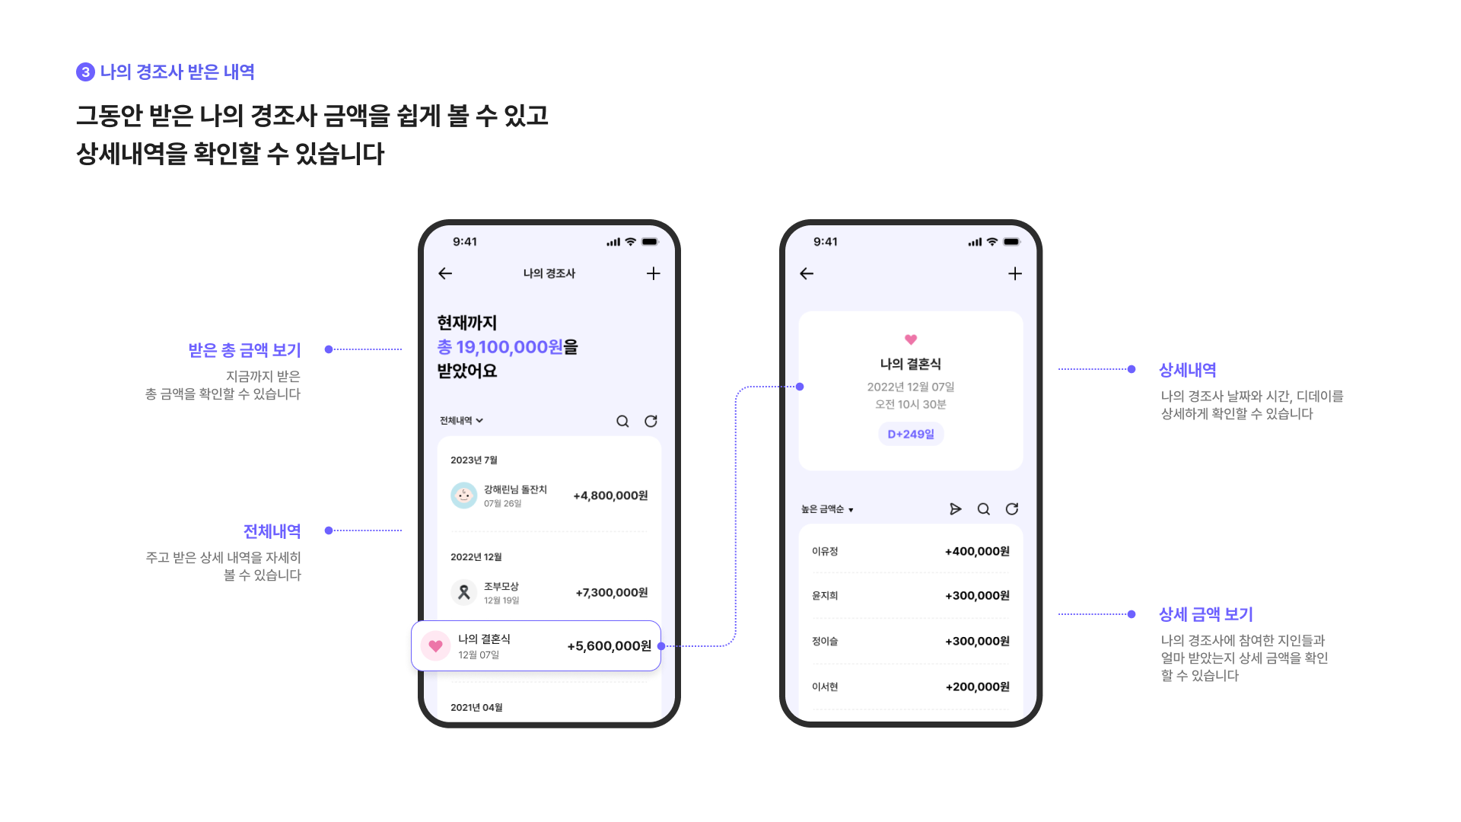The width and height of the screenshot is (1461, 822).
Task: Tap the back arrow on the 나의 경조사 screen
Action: point(445,273)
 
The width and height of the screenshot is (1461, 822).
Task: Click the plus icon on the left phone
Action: point(653,273)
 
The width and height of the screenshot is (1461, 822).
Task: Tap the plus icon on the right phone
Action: point(1014,273)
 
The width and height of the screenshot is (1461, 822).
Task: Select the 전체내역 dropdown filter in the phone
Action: point(461,421)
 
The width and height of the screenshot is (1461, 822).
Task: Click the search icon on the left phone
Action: point(622,422)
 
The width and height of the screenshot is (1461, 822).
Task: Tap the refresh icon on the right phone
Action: point(1011,509)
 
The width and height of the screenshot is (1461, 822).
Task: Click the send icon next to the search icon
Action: point(955,509)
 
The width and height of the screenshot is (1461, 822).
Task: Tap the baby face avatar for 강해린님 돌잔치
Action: point(463,495)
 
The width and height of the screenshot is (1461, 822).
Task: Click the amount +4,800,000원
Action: point(610,495)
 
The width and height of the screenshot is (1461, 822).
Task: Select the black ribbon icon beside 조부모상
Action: point(463,592)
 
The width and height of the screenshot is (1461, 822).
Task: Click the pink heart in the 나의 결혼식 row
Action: point(435,646)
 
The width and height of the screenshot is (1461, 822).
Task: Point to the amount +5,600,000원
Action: point(609,646)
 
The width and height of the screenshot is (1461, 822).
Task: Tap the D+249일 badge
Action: point(910,434)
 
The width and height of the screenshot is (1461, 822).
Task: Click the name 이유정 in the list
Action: point(825,551)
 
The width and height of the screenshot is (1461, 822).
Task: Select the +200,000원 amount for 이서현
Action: point(977,687)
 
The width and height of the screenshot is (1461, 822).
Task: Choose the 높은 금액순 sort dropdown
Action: point(827,509)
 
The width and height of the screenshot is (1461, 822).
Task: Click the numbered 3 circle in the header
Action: point(85,72)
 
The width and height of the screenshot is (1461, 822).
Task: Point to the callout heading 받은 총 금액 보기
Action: point(244,350)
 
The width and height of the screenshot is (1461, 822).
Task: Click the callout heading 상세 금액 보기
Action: point(1205,614)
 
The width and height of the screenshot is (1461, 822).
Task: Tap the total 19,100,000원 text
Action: point(509,347)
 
